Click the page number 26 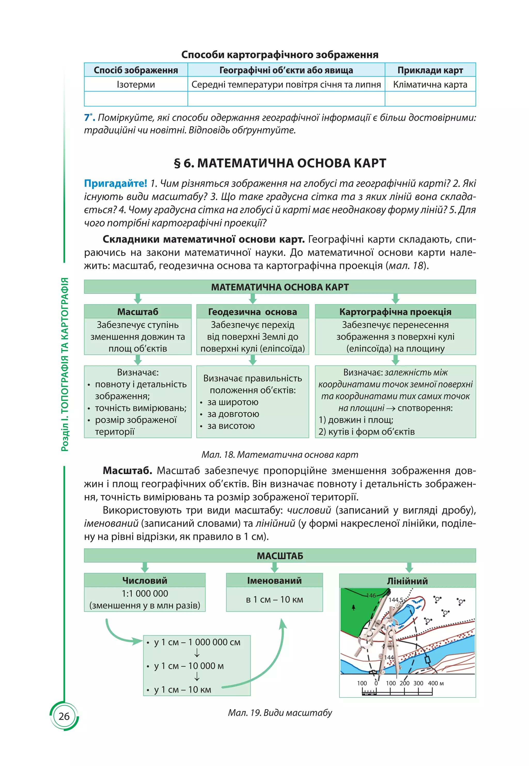tap(64, 716)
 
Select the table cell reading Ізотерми tap(136, 85)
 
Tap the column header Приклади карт tap(430, 70)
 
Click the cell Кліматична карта tap(430, 85)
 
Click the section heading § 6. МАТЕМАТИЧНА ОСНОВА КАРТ tap(280, 163)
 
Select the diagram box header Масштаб tap(138, 312)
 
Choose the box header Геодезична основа tap(252, 312)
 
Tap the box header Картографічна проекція tap(395, 312)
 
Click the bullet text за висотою tap(231, 426)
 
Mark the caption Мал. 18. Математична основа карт tap(280, 455)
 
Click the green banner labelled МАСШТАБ tap(280, 556)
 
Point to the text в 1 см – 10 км tap(274, 600)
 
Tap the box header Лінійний tap(407, 581)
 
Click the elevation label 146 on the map tap(371, 595)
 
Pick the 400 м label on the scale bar tap(435, 683)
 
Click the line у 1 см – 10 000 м tap(189, 666)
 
